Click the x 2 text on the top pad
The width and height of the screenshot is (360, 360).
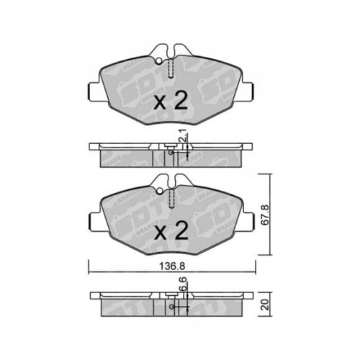(x=171, y=100)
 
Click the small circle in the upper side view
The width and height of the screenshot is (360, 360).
(x=170, y=153)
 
